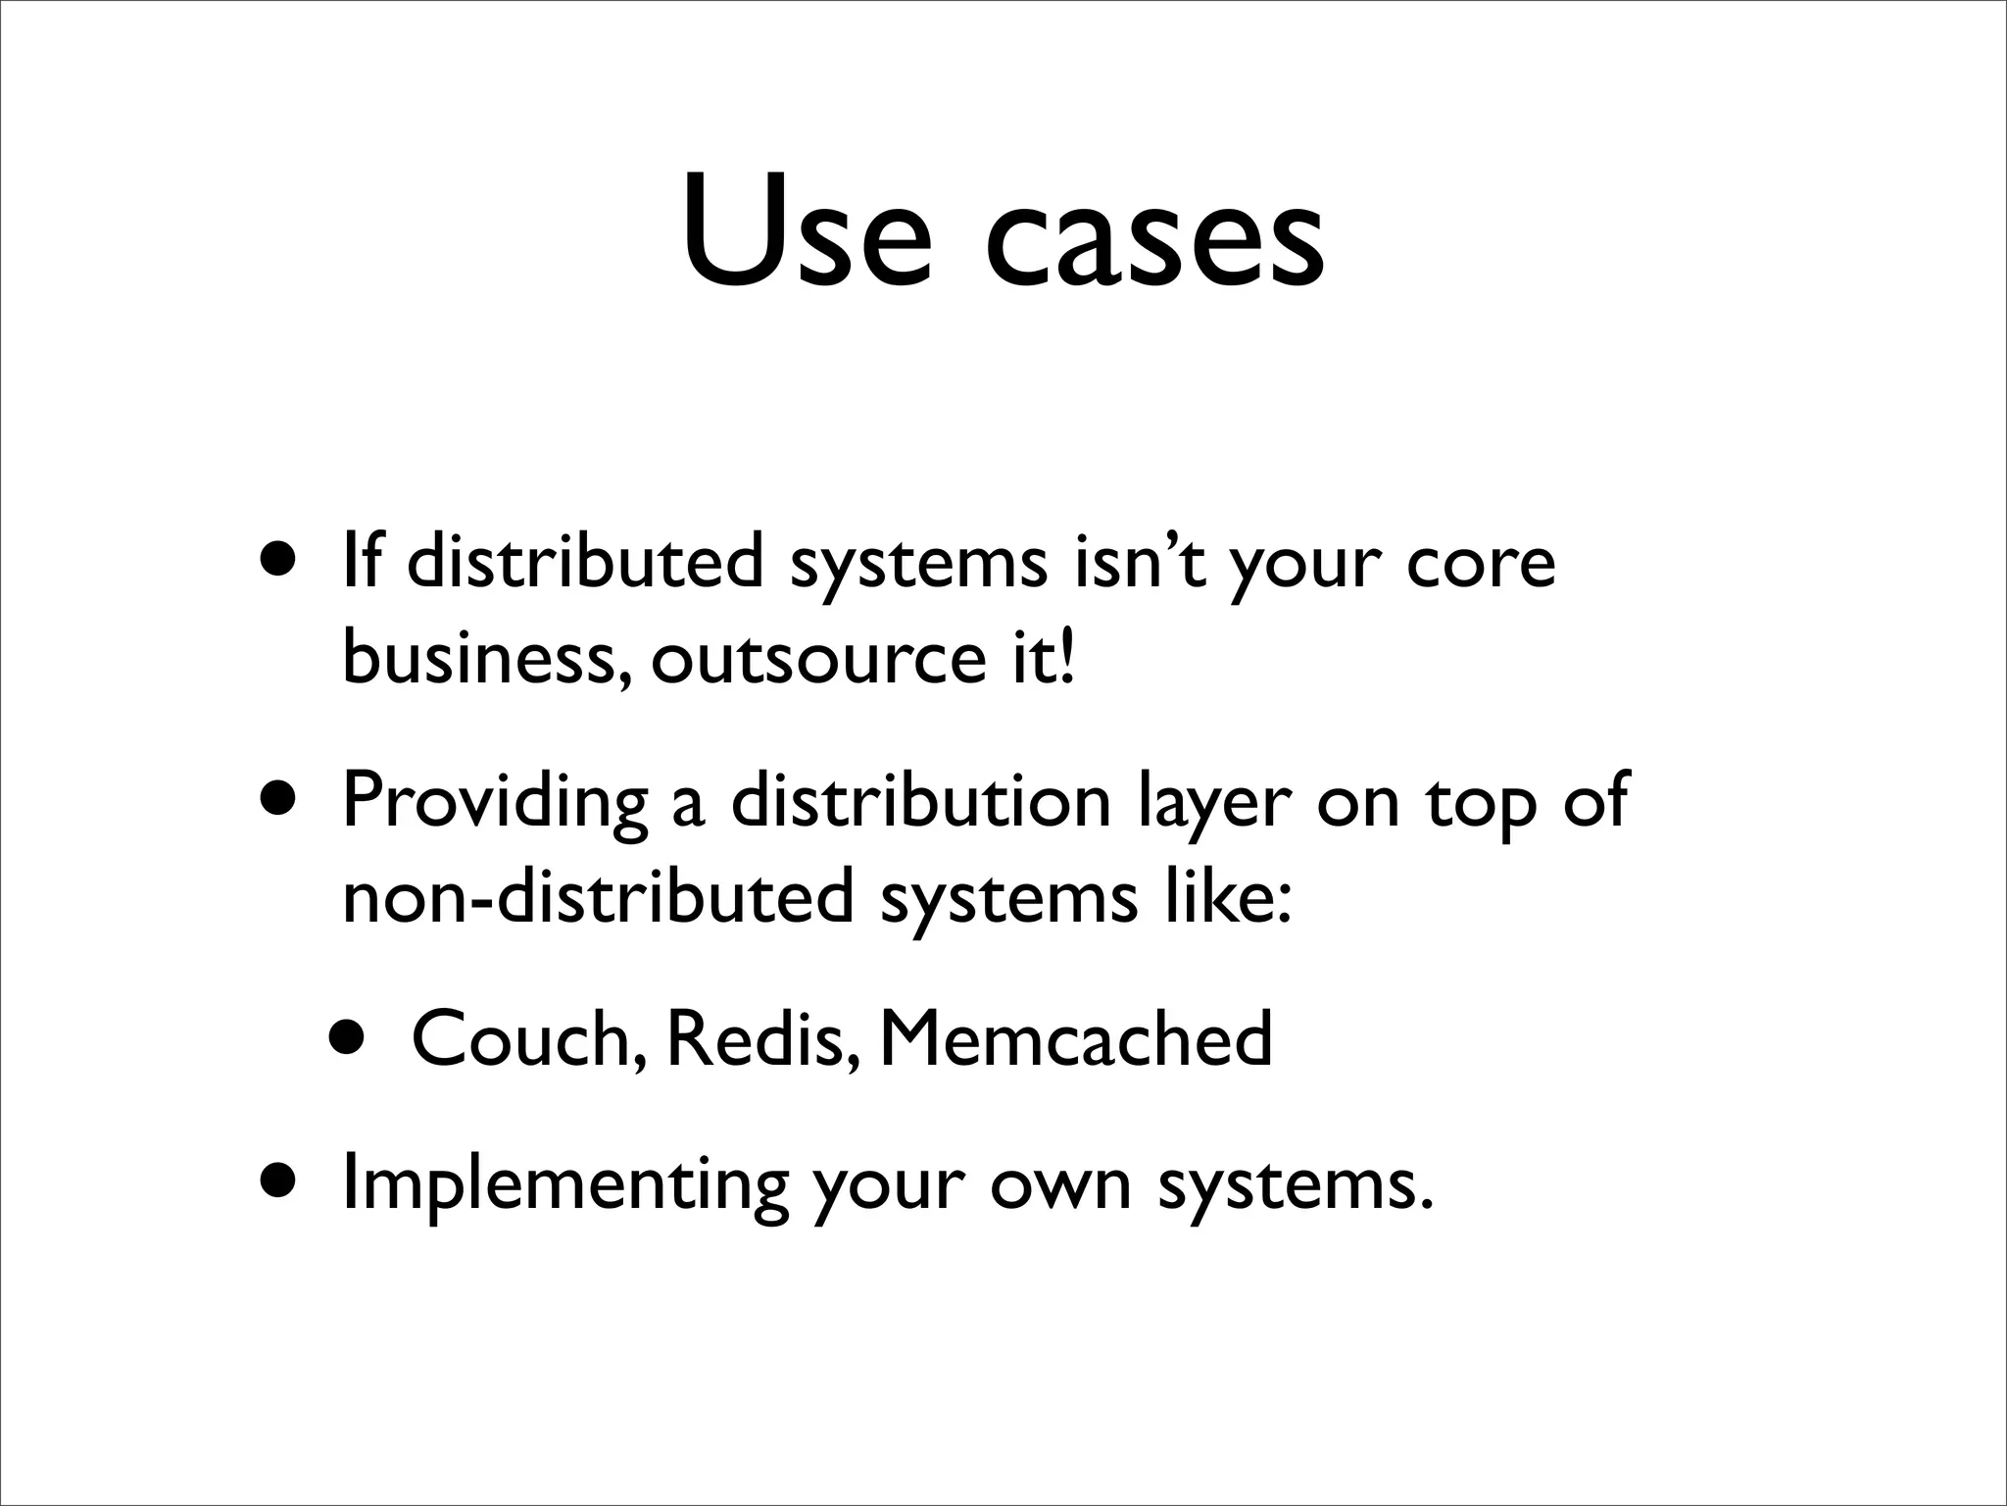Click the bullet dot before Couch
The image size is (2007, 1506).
click(350, 1039)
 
